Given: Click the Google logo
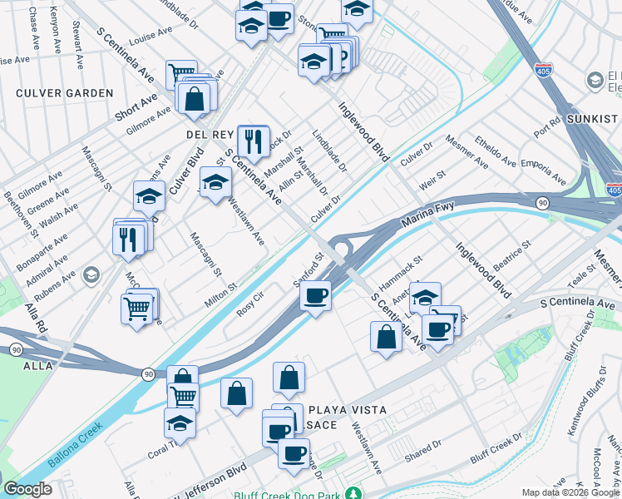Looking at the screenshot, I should [x=27, y=489].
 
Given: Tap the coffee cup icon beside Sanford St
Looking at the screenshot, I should [x=315, y=295].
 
